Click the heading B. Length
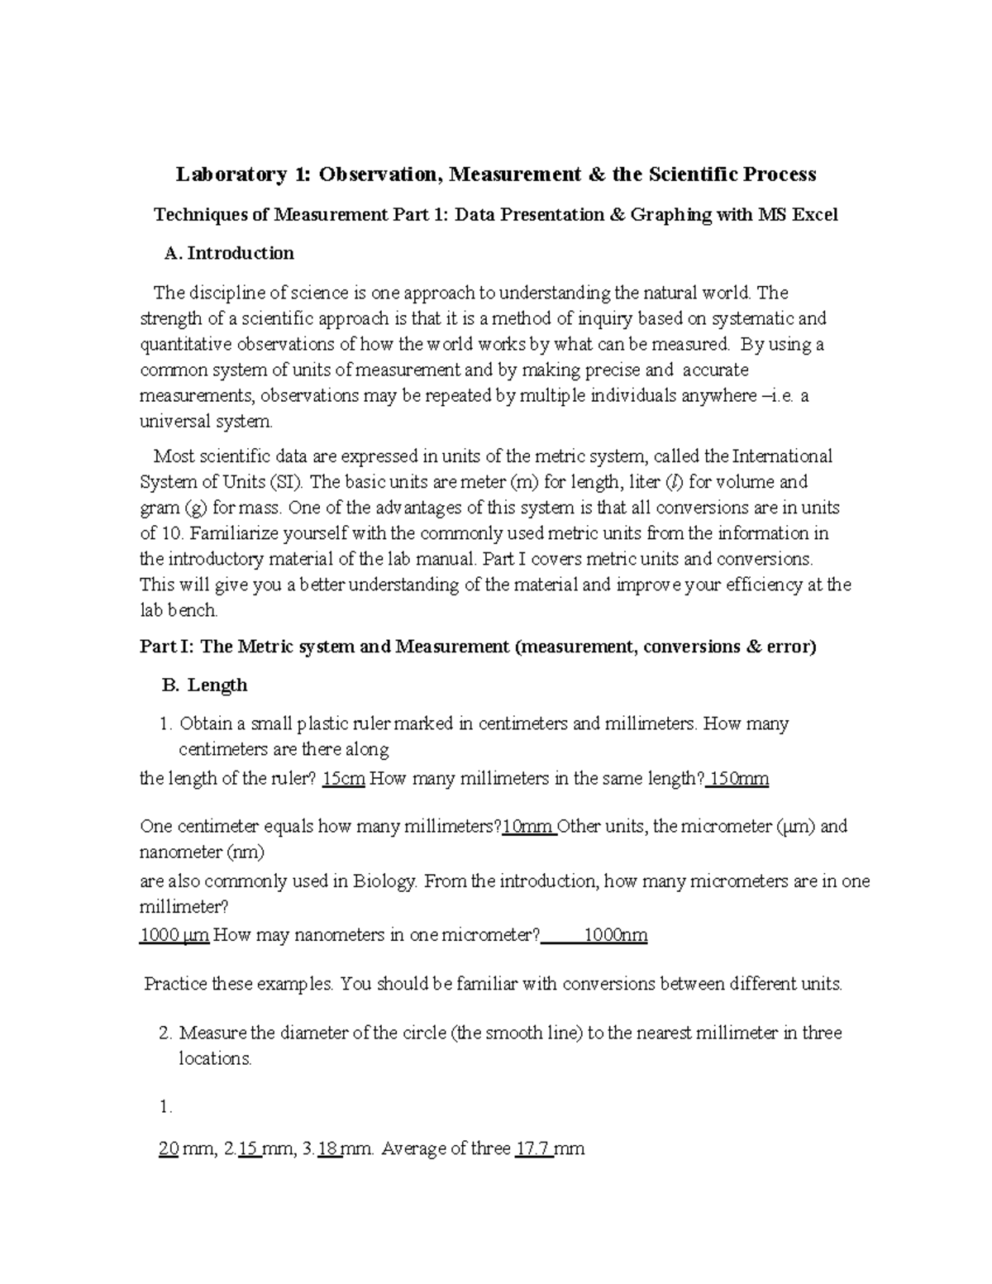[x=204, y=685]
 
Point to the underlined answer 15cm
[x=343, y=779]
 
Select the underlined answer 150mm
[x=739, y=779]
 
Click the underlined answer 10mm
[x=528, y=826]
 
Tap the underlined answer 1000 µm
[x=174, y=935]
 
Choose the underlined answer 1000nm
[x=615, y=935]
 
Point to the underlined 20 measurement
[x=169, y=1148]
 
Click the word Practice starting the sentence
[x=176, y=984]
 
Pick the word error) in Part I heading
[x=792, y=647]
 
